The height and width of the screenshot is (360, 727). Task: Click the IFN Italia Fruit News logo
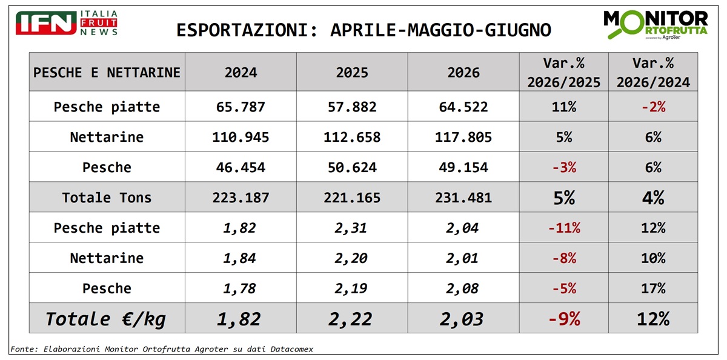[67, 22]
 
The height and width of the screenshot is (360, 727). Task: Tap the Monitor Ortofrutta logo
[656, 25]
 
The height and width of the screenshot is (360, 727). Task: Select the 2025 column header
[352, 72]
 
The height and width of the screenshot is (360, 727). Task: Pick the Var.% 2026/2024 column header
[653, 72]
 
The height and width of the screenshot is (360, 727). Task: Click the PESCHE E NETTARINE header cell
[107, 72]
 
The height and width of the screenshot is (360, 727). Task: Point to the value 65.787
[241, 107]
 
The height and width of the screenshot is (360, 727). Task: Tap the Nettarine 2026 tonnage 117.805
[463, 137]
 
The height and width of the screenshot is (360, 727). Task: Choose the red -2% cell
[653, 107]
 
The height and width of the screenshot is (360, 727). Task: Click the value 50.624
[352, 167]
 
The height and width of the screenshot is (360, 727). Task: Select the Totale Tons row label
[107, 198]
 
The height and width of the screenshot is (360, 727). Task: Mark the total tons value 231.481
[463, 198]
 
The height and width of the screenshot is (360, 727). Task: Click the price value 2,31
[351, 228]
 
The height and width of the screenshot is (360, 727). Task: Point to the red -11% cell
[564, 228]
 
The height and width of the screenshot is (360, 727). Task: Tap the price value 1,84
[239, 258]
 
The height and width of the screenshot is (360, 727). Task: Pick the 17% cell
[653, 288]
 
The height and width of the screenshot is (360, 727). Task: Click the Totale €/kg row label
[105, 319]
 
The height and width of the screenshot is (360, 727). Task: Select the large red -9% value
[564, 319]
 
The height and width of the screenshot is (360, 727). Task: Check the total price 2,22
[350, 319]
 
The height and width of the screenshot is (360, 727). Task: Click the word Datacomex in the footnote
[292, 349]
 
